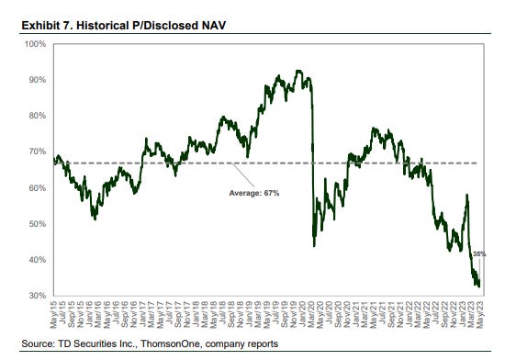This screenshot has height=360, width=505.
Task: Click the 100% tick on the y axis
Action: tap(35, 43)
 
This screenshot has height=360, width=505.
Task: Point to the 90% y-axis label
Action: tap(37, 80)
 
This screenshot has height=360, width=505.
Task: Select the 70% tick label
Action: tap(37, 152)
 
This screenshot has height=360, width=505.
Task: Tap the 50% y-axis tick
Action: tap(37, 224)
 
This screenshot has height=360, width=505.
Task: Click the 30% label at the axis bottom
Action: tap(37, 296)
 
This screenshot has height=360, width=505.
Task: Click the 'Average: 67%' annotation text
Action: tap(255, 194)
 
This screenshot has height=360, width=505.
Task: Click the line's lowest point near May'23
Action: tap(478, 286)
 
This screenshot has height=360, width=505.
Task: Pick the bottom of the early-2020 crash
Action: tap(315, 245)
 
